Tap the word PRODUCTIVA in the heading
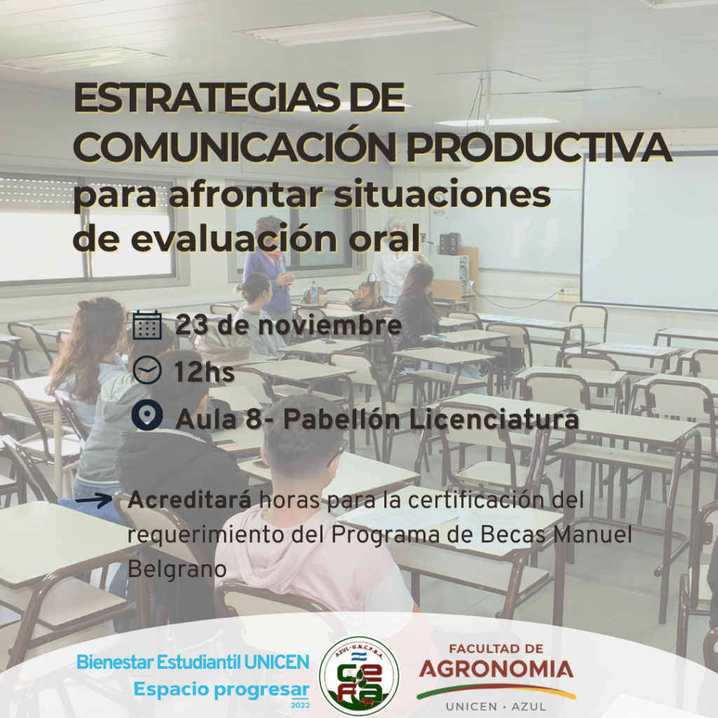[x=539, y=147]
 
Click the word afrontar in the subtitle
[x=245, y=195]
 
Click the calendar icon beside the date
[x=147, y=325]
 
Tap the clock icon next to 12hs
[x=147, y=370]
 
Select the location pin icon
[x=147, y=415]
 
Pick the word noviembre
[x=330, y=325]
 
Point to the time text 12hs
[x=204, y=372]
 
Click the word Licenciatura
[x=494, y=419]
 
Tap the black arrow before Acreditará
[x=94, y=499]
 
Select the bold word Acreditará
[x=189, y=499]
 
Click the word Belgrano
[x=177, y=569]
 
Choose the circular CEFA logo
[x=359, y=676]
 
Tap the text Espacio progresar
[x=221, y=690]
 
